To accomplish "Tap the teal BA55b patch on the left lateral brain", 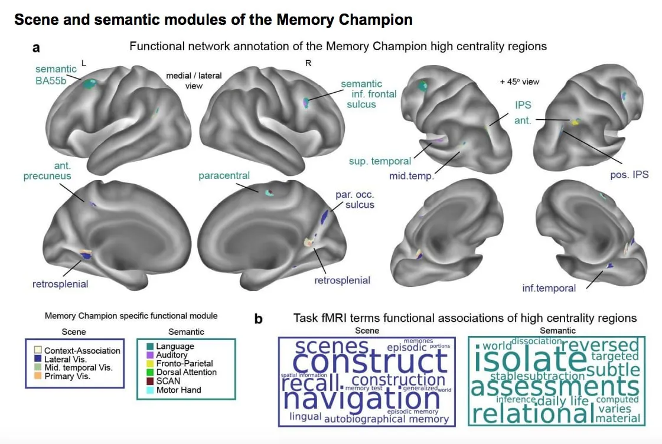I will coord(90,84).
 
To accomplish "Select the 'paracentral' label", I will coord(224,175).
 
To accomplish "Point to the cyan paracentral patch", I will coord(269,192).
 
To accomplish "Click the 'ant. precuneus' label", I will coord(47,170).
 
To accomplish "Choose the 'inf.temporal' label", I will coord(549,288).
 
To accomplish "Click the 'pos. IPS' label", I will coord(628,175).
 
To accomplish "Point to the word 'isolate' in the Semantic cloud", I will coord(521,361).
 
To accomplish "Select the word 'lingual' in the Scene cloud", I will coord(305,417).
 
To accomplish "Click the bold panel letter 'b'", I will coord(258,319).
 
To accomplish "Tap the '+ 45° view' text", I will coord(519,81).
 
